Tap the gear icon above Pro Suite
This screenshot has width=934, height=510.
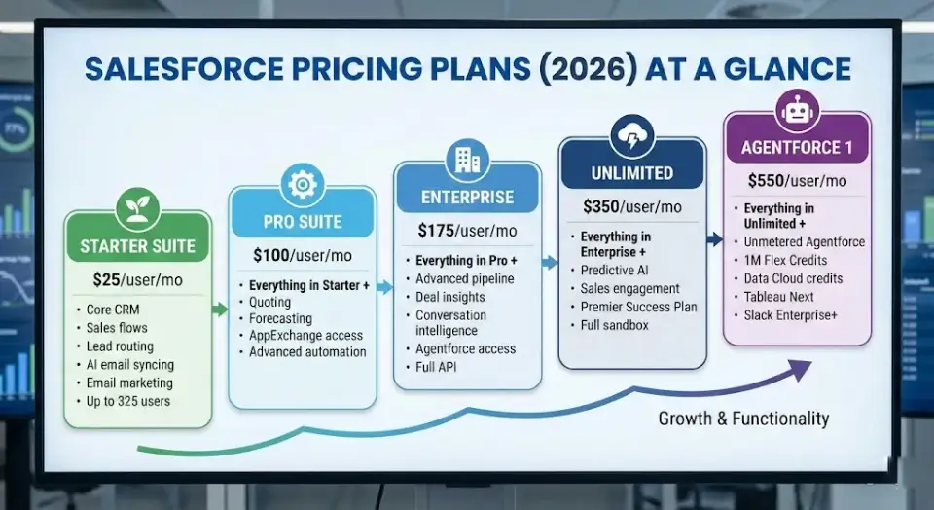(x=302, y=184)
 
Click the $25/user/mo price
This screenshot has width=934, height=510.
(x=137, y=280)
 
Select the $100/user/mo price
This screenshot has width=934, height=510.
(x=302, y=256)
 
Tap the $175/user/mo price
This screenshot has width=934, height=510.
(x=466, y=231)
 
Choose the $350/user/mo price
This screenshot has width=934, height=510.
(x=631, y=206)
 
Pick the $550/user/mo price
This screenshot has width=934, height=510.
(x=797, y=180)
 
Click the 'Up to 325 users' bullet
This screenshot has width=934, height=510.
(x=129, y=401)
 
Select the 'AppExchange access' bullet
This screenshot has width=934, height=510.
(x=305, y=335)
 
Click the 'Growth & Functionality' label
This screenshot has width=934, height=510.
(x=743, y=419)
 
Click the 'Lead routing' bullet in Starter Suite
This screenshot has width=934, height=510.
(x=119, y=346)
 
